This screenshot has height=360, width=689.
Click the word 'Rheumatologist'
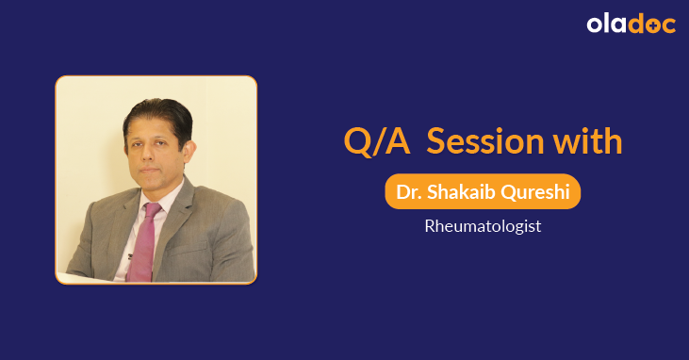482,227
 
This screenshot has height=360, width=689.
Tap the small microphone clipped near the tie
129,255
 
